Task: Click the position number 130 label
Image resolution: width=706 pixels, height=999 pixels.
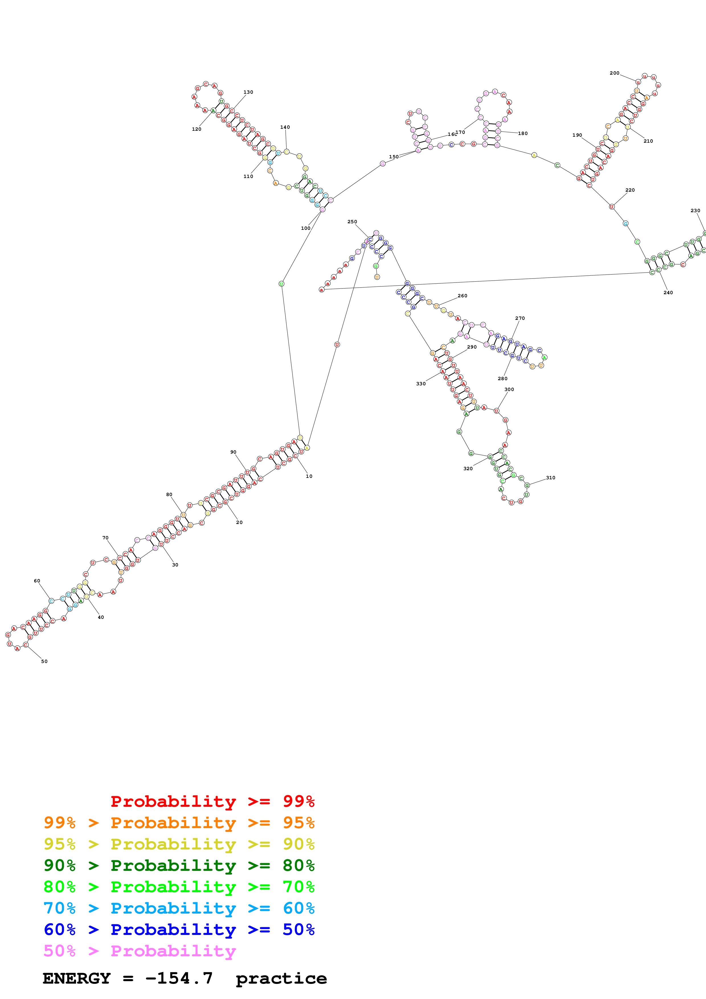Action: coord(248,92)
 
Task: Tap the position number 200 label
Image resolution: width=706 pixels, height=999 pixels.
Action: coord(614,73)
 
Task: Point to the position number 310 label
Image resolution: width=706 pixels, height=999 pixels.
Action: coord(550,478)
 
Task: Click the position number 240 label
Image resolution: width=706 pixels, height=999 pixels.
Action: coord(668,292)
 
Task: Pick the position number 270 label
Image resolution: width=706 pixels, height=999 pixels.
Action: coord(520,318)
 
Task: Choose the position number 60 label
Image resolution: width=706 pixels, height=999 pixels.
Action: coord(37,581)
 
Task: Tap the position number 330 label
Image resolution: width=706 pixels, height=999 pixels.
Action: coord(421,384)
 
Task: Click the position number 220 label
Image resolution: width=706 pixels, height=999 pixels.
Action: coord(630,190)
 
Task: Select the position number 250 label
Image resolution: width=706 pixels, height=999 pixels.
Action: coord(352,222)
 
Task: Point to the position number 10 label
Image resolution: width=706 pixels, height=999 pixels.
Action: coord(309,476)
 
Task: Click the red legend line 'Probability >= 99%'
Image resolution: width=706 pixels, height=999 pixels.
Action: coord(212,801)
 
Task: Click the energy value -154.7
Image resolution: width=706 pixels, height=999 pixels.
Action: coord(179,978)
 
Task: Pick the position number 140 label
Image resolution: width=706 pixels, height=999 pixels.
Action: coord(285,128)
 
